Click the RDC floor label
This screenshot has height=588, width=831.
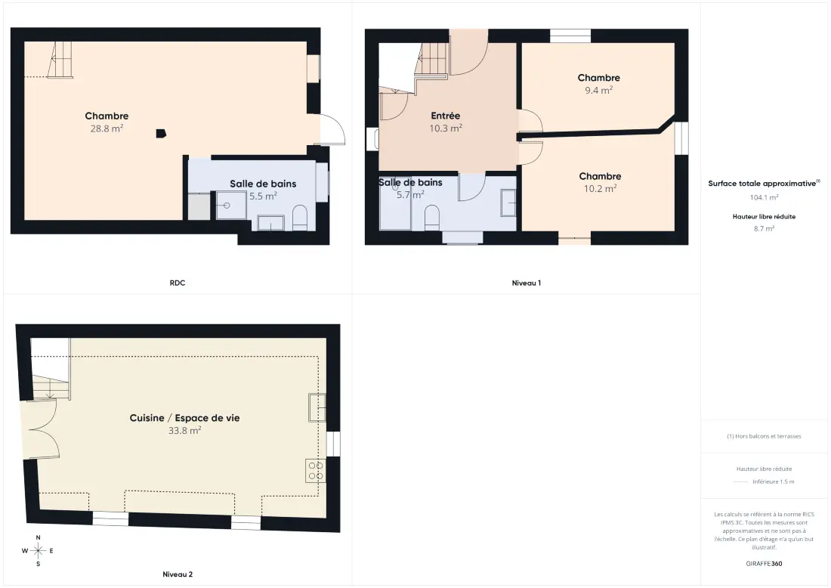pos(178,283)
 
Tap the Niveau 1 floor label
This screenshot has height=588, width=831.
pos(527,283)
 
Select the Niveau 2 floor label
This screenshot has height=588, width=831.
pos(178,574)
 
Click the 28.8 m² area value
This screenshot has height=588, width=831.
pos(107,128)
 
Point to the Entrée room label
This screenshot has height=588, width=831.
pos(445,116)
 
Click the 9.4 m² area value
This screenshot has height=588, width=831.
pos(599,90)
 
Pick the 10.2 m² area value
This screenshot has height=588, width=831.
pos(600,189)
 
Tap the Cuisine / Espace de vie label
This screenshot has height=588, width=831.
pos(184,418)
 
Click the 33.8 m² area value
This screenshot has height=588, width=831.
pos(184,431)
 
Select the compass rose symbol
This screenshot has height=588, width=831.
pos(39,551)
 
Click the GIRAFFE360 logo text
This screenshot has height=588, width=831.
pos(764,564)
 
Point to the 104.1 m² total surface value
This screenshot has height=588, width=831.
pos(764,197)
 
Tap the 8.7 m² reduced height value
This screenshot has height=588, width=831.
pos(764,228)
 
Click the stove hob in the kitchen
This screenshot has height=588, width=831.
pos(316,471)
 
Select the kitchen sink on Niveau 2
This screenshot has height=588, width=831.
pos(317,407)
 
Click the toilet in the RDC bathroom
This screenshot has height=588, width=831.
pos(300,218)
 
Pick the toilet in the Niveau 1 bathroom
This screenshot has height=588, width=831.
pos(432,218)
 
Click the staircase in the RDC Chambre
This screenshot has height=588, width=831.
pos(60,60)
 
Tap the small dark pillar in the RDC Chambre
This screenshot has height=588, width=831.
pos(161,134)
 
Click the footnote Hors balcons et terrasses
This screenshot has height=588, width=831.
pos(764,436)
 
